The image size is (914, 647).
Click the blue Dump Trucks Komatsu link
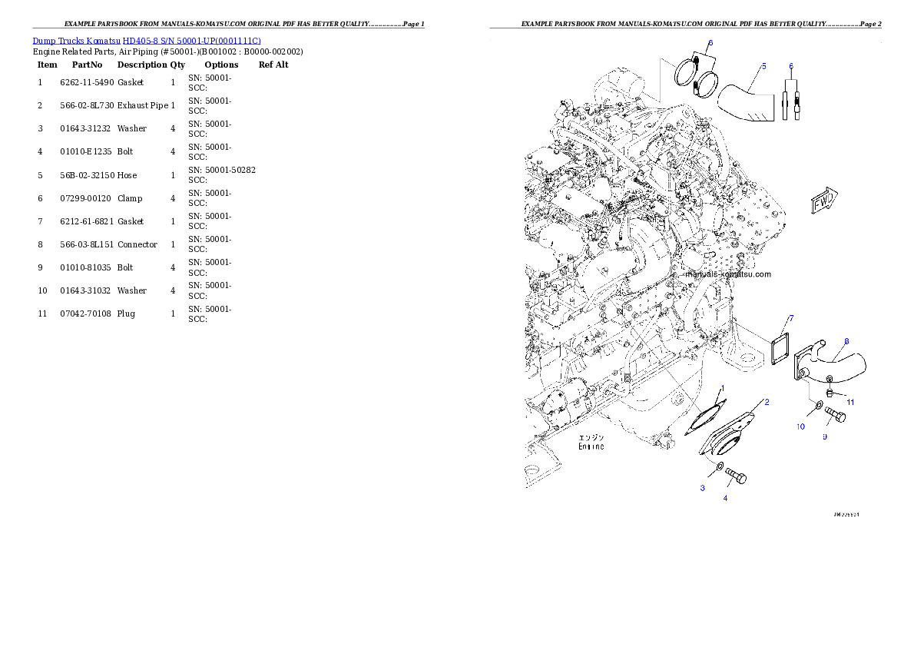pyautogui.click(x=147, y=41)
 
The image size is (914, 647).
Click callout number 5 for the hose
pyautogui.click(x=763, y=66)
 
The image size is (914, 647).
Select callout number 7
pyautogui.click(x=790, y=318)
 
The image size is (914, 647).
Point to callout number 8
pyautogui.click(x=846, y=341)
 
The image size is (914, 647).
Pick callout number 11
pyautogui.click(x=850, y=402)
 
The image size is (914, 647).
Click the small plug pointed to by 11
pyautogui.click(x=830, y=393)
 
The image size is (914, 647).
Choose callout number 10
pyautogui.click(x=800, y=426)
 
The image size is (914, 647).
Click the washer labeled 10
pyautogui.click(x=819, y=405)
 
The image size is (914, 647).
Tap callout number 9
pyautogui.click(x=825, y=436)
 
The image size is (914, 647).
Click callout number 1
pyautogui.click(x=721, y=388)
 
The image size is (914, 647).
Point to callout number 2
pyautogui.click(x=766, y=402)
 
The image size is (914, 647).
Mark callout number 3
pyautogui.click(x=702, y=488)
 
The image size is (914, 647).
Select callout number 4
pyautogui.click(x=725, y=497)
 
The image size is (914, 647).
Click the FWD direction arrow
pyautogui.click(x=824, y=201)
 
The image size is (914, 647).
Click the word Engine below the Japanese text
pyautogui.click(x=591, y=446)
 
